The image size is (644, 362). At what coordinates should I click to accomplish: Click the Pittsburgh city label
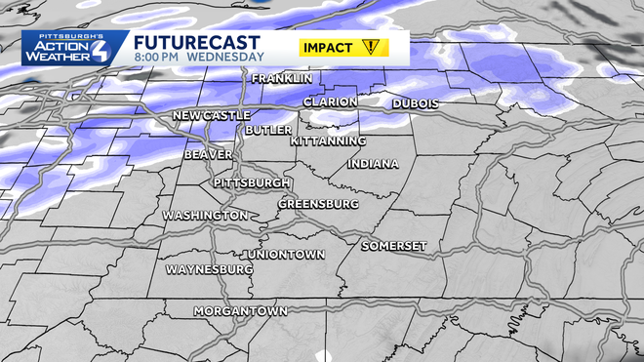tap(251, 182)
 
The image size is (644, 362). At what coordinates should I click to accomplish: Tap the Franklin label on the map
tap(282, 78)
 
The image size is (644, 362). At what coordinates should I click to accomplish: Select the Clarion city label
tap(329, 101)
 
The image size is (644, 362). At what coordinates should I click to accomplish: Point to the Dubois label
tap(416, 103)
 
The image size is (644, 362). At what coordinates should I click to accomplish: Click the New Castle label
tap(212, 116)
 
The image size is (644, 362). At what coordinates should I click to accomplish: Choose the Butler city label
tap(267, 130)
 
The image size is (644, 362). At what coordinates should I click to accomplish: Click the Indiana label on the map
tap(372, 163)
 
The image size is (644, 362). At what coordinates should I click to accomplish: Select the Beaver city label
tap(207, 154)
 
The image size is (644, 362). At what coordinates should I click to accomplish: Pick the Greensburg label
tap(318, 204)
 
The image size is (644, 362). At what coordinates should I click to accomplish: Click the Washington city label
tap(205, 215)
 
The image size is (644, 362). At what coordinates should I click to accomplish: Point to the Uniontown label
tap(284, 254)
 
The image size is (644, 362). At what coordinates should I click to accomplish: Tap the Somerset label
tap(394, 246)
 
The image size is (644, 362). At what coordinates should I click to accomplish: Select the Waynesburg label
tap(210, 268)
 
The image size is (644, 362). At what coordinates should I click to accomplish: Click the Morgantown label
tap(240, 311)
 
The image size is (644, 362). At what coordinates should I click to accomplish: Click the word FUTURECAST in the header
tap(196, 42)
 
